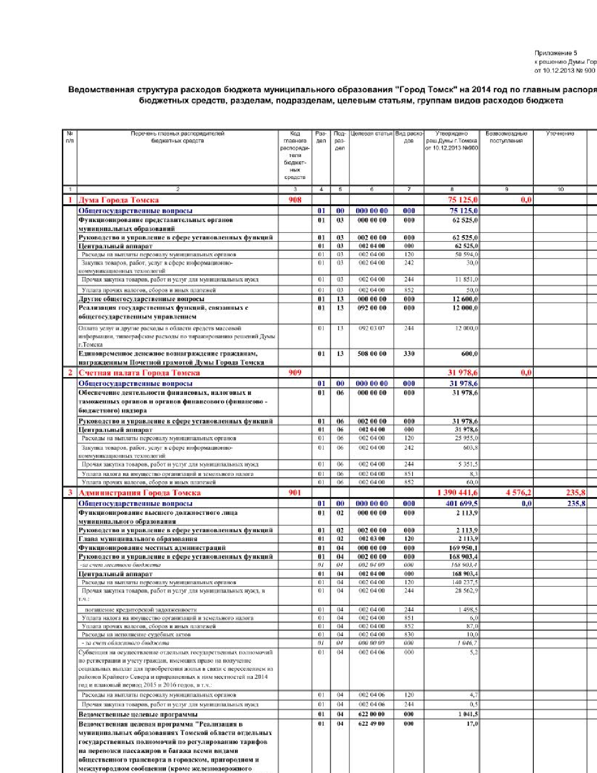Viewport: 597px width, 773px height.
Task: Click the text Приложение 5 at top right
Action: (556, 53)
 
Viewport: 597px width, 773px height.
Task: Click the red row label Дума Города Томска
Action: (118, 200)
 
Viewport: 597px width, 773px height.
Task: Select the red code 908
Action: (295, 200)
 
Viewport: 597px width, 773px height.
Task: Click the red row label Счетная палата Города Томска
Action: (139, 373)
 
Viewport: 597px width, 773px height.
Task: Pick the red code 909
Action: (295, 373)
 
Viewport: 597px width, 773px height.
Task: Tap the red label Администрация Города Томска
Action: (140, 493)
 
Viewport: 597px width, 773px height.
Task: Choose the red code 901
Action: (295, 493)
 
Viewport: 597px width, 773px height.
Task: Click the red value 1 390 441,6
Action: (457, 493)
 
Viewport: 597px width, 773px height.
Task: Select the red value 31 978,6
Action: (463, 373)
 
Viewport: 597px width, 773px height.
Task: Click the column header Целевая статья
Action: (371, 134)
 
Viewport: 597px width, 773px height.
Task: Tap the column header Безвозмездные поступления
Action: (506, 137)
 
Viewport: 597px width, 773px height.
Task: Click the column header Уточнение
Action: (560, 134)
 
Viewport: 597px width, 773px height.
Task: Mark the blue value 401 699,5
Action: (462, 504)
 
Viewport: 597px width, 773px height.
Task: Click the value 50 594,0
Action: (466, 254)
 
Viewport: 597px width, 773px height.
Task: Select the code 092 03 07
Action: (372, 328)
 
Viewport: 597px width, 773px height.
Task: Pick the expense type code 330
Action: (409, 354)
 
